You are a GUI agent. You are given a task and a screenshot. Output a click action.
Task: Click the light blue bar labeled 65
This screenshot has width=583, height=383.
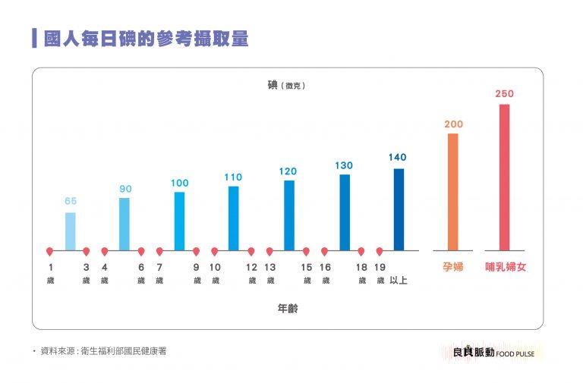pos(71,231)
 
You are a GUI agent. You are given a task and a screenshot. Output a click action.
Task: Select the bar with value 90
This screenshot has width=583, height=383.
pos(124,224)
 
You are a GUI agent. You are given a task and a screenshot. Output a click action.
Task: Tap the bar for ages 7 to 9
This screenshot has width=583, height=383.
pos(179,221)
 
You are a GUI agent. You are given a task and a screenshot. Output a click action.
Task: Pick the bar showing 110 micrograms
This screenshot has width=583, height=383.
pos(234,218)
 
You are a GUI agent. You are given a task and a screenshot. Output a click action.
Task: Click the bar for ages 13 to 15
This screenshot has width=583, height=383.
pos(289,215)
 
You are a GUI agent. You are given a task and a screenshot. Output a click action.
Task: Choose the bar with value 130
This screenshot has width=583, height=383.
pos(345,212)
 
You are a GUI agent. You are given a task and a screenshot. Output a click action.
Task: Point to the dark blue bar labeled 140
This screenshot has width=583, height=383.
pos(399,209)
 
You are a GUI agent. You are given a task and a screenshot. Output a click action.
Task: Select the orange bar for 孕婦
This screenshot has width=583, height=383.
pos(453,191)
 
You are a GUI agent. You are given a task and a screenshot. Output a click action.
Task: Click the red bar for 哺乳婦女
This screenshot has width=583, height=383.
pos(504,177)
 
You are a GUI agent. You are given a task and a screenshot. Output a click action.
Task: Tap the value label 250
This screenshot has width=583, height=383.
pos(504,94)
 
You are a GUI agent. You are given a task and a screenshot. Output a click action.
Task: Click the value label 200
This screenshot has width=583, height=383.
pos(453,124)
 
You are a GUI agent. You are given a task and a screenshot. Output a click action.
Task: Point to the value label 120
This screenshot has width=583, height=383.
pos(288,171)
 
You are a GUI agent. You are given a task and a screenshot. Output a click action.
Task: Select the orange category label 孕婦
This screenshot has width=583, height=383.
pos(453,268)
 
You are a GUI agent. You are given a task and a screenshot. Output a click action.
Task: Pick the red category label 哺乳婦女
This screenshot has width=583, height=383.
pos(506,268)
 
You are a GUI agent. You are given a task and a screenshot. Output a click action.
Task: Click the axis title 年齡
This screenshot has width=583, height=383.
pos(288,309)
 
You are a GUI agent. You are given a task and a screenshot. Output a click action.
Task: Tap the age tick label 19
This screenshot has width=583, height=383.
pos(380,267)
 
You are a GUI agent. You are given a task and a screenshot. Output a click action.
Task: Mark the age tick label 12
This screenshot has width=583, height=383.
pos(251,267)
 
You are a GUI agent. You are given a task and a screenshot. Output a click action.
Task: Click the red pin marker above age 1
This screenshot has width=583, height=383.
pos(50,251)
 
